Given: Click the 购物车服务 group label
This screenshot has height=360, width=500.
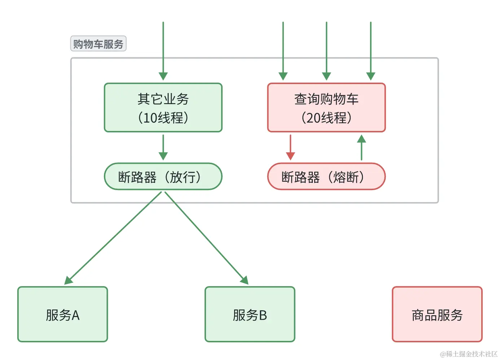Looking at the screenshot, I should (98, 44).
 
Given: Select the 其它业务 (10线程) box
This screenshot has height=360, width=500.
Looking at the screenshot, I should (163, 107).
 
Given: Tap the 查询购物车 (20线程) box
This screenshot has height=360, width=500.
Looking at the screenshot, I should (326, 107).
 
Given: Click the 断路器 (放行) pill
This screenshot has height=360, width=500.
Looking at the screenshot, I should (163, 176).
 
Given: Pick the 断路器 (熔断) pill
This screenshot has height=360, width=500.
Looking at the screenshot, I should (326, 176).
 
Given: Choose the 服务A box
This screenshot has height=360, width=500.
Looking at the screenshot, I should (63, 314).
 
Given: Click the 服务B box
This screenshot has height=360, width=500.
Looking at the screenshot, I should (250, 314).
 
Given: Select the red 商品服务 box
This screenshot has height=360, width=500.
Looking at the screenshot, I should (437, 314).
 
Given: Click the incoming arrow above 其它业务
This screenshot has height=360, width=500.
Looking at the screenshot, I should (163, 51).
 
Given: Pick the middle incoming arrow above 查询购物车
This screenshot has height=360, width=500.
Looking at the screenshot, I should (326, 51).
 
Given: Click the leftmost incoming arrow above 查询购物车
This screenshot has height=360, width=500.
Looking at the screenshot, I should (283, 51).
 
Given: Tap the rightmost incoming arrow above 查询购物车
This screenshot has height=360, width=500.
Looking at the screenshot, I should (370, 51).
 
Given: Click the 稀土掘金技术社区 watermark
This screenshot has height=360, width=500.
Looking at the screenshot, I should (469, 354).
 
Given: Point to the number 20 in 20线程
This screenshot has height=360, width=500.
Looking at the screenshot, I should (313, 118).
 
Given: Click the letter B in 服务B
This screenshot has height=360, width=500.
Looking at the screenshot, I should (263, 315).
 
